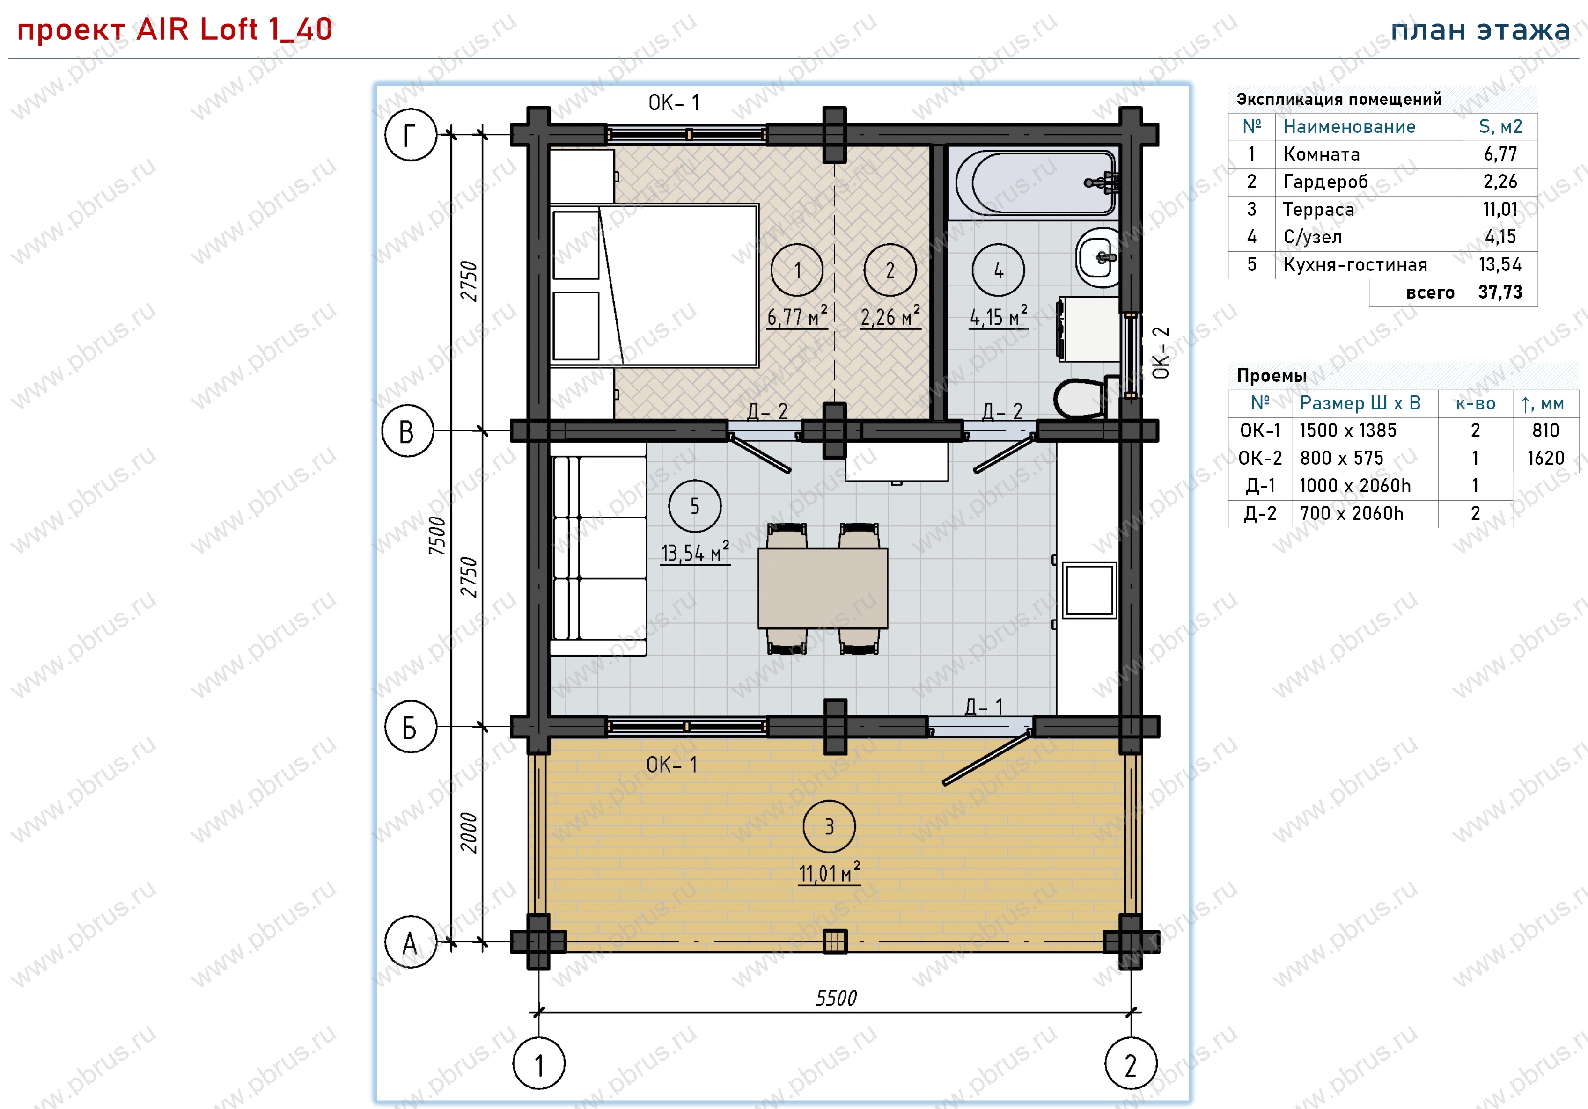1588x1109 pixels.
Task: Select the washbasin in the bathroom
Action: (x=1098, y=257)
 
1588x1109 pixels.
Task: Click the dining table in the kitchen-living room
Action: (x=823, y=588)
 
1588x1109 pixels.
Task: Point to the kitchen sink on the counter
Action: (x=1089, y=589)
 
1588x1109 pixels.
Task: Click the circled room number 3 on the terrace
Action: (x=829, y=826)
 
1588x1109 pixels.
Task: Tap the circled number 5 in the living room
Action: (x=694, y=506)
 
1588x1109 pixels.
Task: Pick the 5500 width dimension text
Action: (x=836, y=998)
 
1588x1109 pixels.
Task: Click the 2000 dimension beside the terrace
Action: (x=469, y=832)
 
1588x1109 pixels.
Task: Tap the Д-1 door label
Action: (x=984, y=706)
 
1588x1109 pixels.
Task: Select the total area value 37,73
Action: (x=1500, y=292)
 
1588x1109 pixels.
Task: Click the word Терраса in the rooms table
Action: (x=1318, y=209)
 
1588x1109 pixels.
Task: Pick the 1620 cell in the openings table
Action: (x=1545, y=458)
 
